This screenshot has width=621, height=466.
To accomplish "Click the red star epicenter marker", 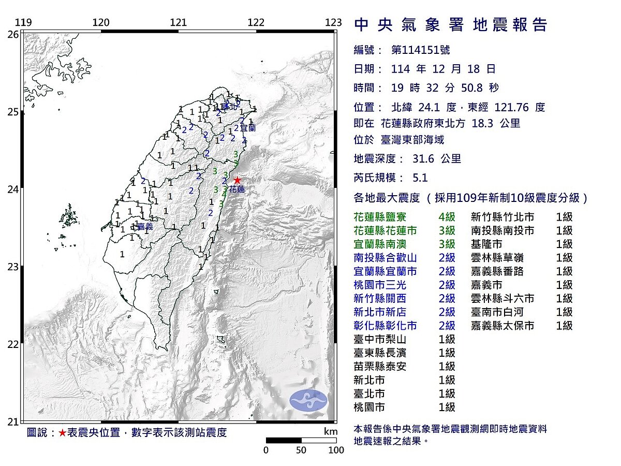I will point(237,180).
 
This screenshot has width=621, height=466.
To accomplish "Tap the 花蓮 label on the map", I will point(236,190).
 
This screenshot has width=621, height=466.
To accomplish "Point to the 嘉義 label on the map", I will point(145,226).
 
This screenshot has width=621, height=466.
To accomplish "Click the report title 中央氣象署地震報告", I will point(450,25).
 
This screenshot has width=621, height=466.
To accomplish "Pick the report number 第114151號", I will point(420,50).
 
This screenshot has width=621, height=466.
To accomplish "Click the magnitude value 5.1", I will point(420,178).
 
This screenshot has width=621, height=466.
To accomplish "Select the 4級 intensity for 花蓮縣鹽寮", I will point(447,217).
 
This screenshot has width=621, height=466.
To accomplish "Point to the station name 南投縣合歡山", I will point(386,257).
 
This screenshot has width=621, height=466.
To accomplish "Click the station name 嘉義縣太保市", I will point(502,326).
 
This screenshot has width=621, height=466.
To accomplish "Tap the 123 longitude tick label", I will point(334,23).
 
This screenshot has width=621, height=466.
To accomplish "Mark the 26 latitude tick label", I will point(13,34).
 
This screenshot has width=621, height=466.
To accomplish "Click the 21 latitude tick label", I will point(13,421).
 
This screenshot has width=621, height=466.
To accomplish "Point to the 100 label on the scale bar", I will point(336,450).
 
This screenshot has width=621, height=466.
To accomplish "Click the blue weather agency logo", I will point(308,401).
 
